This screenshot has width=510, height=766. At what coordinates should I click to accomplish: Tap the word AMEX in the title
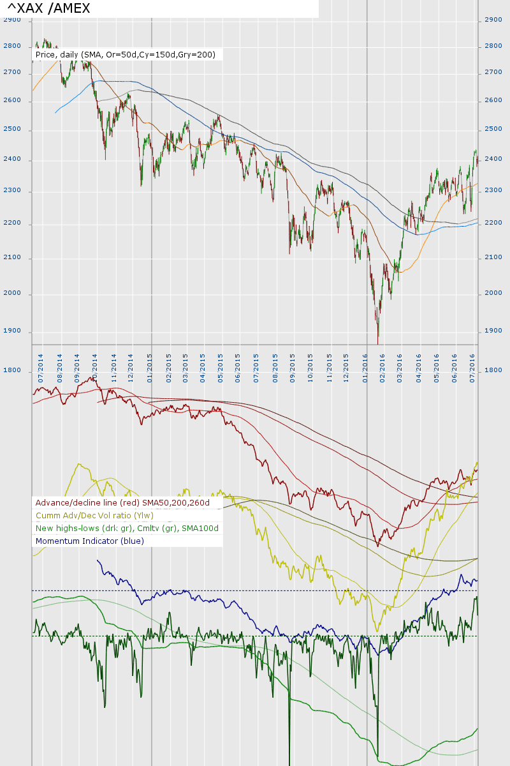(x=69, y=8)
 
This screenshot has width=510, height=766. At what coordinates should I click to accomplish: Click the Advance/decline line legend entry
(x=122, y=503)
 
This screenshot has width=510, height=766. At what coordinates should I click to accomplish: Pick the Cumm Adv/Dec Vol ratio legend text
(x=94, y=516)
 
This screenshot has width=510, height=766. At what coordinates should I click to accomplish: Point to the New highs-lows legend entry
(x=127, y=529)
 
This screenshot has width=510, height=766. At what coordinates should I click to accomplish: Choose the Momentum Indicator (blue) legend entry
(x=90, y=541)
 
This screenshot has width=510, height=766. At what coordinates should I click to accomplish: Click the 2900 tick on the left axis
(x=12, y=20)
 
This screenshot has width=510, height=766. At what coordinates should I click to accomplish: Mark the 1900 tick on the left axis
(x=12, y=331)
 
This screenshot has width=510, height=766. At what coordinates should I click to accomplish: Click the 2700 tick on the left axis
(x=12, y=73)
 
